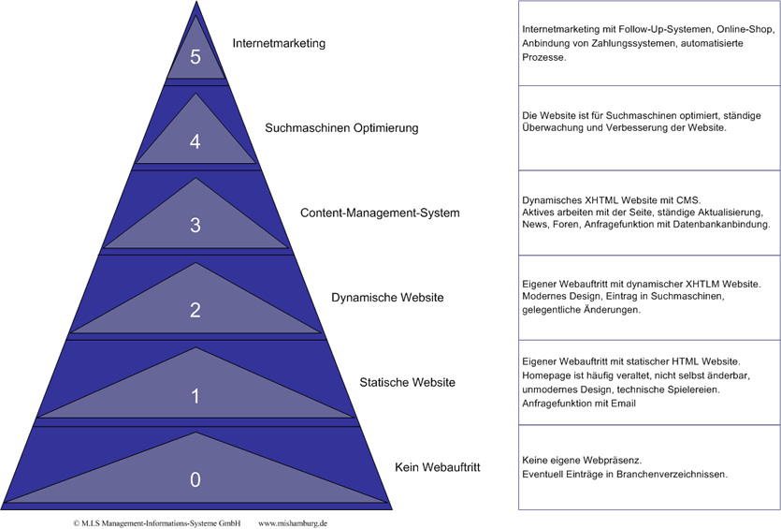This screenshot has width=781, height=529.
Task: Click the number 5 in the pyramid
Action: click(195, 57)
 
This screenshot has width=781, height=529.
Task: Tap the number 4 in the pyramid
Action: click(195, 141)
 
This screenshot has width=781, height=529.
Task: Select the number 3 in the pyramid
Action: click(195, 225)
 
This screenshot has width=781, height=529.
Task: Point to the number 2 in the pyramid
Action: click(195, 310)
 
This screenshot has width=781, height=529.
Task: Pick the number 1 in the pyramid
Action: click(195, 396)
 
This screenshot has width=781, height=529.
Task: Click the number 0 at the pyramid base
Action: click(195, 479)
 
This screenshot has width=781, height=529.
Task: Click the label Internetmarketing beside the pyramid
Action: click(279, 43)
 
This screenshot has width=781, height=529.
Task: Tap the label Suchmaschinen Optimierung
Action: click(341, 127)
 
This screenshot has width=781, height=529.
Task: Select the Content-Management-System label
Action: click(380, 213)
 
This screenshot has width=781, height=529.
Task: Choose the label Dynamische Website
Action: click(387, 298)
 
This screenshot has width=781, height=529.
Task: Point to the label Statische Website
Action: click(408, 382)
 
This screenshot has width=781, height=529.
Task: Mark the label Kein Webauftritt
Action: click(437, 466)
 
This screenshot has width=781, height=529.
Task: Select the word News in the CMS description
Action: click(536, 225)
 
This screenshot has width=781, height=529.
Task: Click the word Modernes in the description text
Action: click(544, 295)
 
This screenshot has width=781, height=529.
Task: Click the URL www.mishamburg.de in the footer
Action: click(293, 523)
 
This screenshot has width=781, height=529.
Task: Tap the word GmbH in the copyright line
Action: click(227, 523)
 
